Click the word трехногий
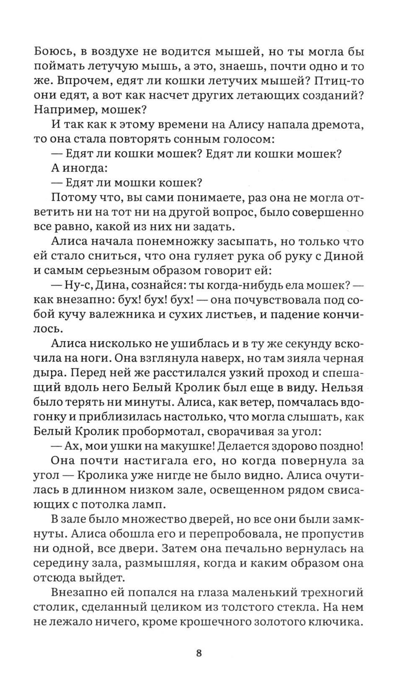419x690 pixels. [x=331, y=592]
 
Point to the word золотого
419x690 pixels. [x=276, y=621]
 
